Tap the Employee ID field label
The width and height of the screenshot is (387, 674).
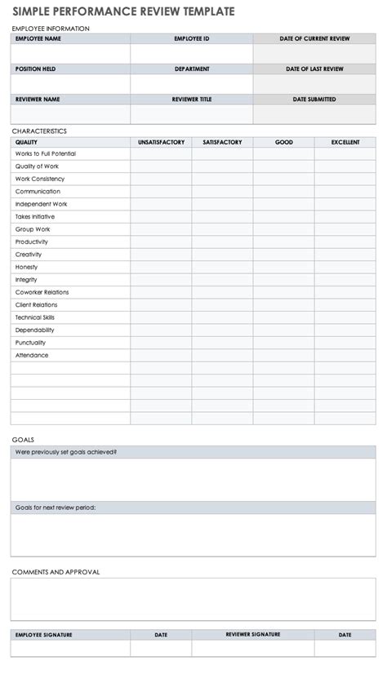191,38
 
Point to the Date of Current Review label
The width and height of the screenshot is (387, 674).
314,38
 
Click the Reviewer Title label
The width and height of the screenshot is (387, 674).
191,100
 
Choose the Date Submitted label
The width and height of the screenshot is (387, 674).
314,100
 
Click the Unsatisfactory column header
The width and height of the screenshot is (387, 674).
161,142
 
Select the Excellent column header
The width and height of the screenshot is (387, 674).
345,142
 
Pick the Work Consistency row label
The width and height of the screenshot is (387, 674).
40,179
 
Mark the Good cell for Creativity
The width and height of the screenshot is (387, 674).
283,255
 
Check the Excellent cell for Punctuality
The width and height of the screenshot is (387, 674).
345,343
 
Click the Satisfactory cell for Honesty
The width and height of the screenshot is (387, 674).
222,267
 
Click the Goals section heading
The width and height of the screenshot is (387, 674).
23,439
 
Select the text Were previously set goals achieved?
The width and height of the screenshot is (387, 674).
66,451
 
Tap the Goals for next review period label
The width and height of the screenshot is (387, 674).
56,508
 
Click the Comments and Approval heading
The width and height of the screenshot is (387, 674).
56,572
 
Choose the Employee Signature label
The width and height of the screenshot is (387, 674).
44,634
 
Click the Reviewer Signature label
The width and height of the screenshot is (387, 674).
253,634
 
